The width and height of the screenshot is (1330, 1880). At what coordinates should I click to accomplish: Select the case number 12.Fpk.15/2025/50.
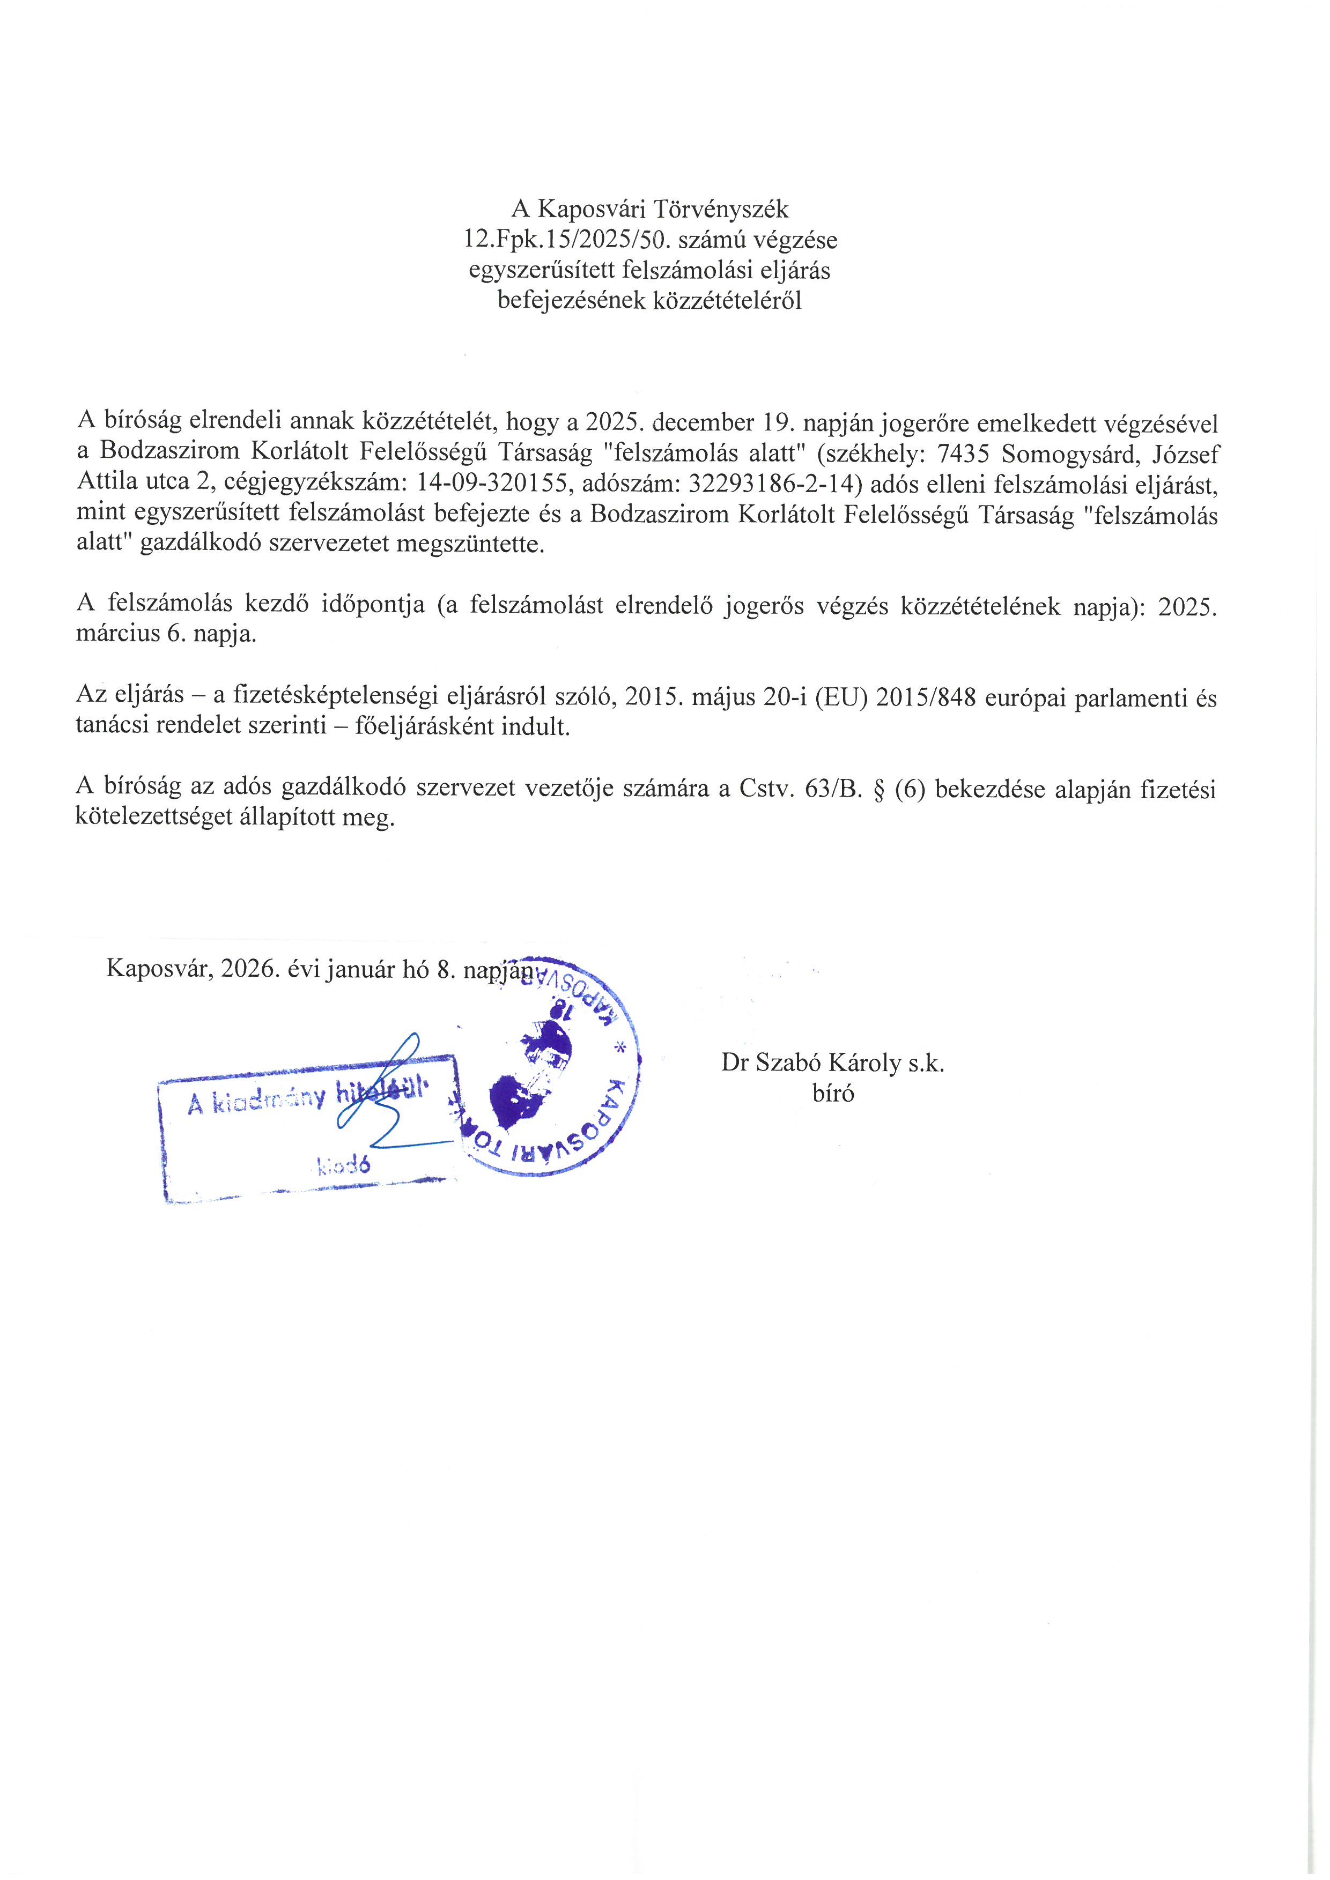(x=567, y=240)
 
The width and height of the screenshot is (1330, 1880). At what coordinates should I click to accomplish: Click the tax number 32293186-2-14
(x=775, y=484)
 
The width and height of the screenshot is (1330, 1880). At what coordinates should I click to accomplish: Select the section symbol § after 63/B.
(x=879, y=789)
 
